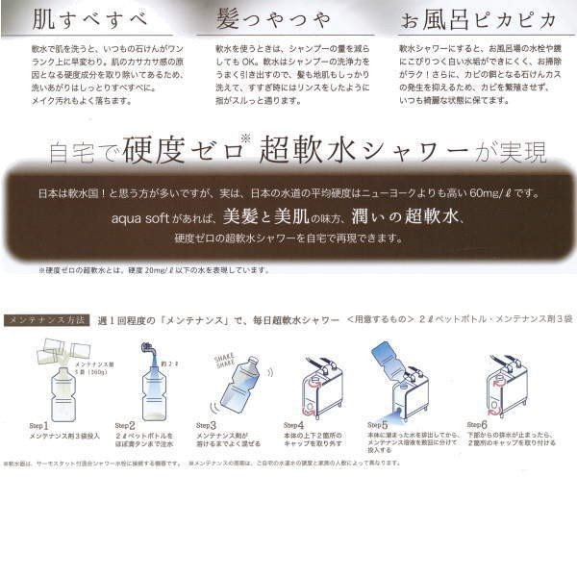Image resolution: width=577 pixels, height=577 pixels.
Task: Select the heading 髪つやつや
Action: [265, 18]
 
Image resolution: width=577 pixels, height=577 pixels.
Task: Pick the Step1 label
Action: [38, 424]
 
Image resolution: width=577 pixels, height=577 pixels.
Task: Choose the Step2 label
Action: [125, 424]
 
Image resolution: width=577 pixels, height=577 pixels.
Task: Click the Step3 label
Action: [207, 424]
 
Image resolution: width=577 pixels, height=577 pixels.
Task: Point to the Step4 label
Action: [294, 424]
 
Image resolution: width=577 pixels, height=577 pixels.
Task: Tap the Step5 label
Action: [379, 424]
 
